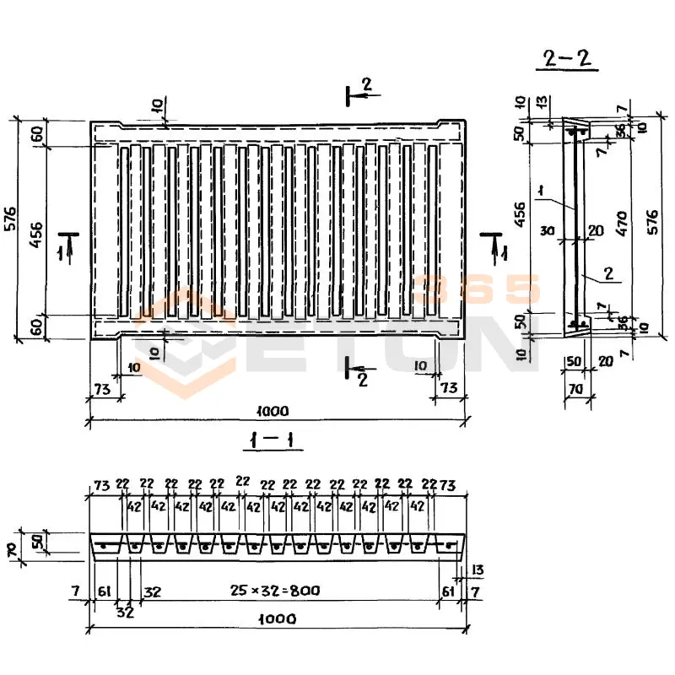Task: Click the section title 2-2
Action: [x=566, y=59]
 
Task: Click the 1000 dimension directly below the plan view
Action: [x=272, y=411]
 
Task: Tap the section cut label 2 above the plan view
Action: [x=366, y=84]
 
